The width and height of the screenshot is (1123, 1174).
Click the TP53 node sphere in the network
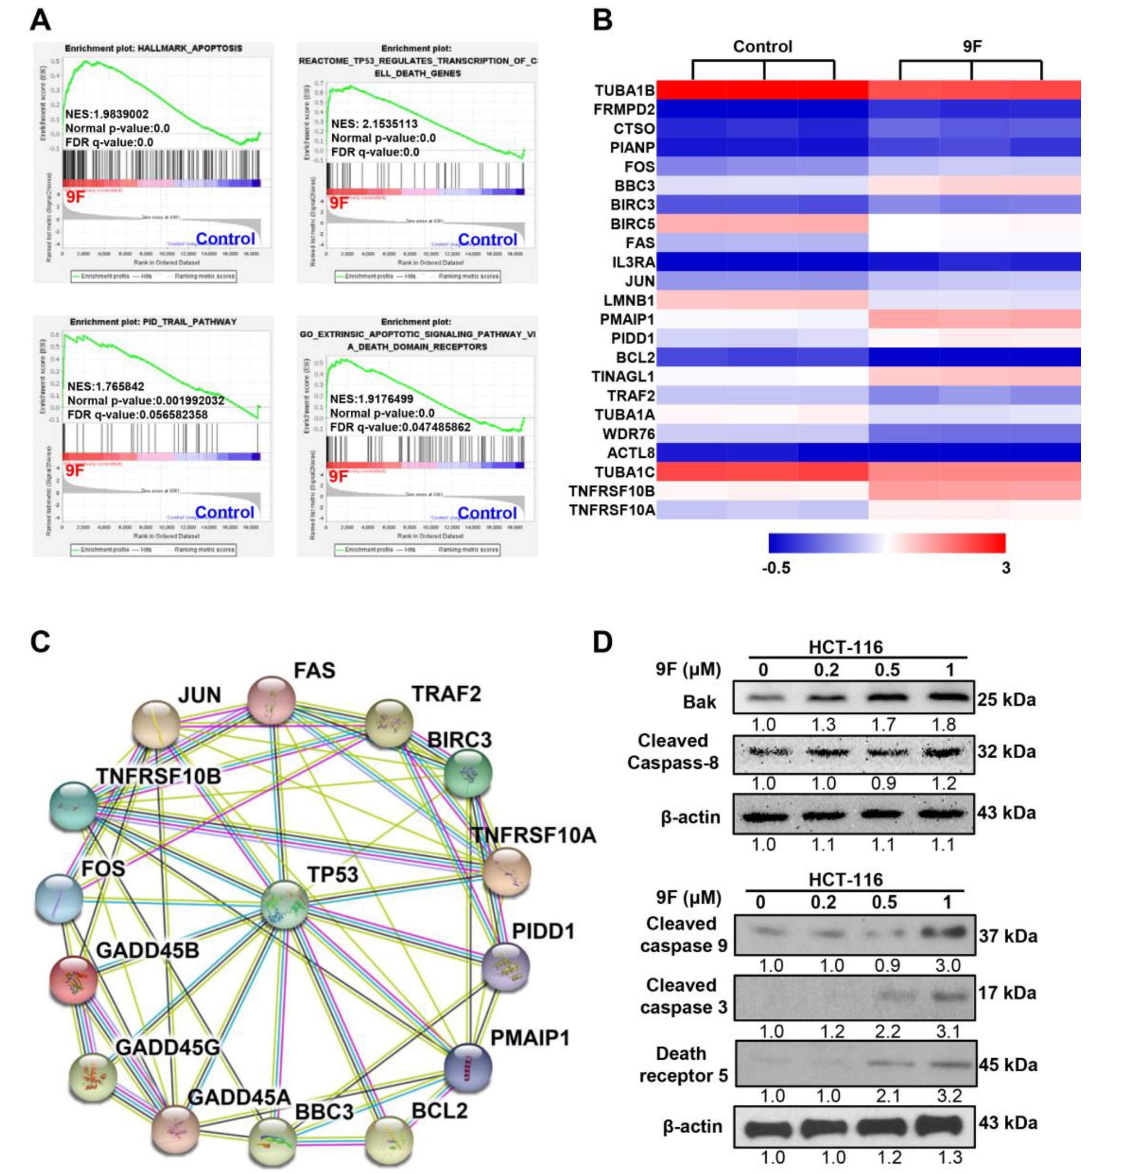click(x=285, y=905)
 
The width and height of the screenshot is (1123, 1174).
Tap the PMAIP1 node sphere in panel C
click(x=468, y=1067)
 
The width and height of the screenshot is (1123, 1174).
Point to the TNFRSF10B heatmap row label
click(x=612, y=492)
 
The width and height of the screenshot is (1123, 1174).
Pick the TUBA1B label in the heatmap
click(x=624, y=90)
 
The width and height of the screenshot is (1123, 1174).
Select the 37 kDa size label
click(x=1008, y=936)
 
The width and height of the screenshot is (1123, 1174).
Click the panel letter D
click(x=602, y=642)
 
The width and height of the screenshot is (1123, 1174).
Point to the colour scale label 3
click(x=1006, y=568)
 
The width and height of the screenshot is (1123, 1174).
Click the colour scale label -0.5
click(x=776, y=568)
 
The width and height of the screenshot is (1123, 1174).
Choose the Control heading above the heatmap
click(x=762, y=47)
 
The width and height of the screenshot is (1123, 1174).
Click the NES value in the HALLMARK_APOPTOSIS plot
click(x=107, y=114)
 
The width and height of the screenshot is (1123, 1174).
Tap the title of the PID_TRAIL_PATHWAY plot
click(x=153, y=321)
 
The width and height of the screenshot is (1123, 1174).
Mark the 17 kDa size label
click(x=1008, y=993)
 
